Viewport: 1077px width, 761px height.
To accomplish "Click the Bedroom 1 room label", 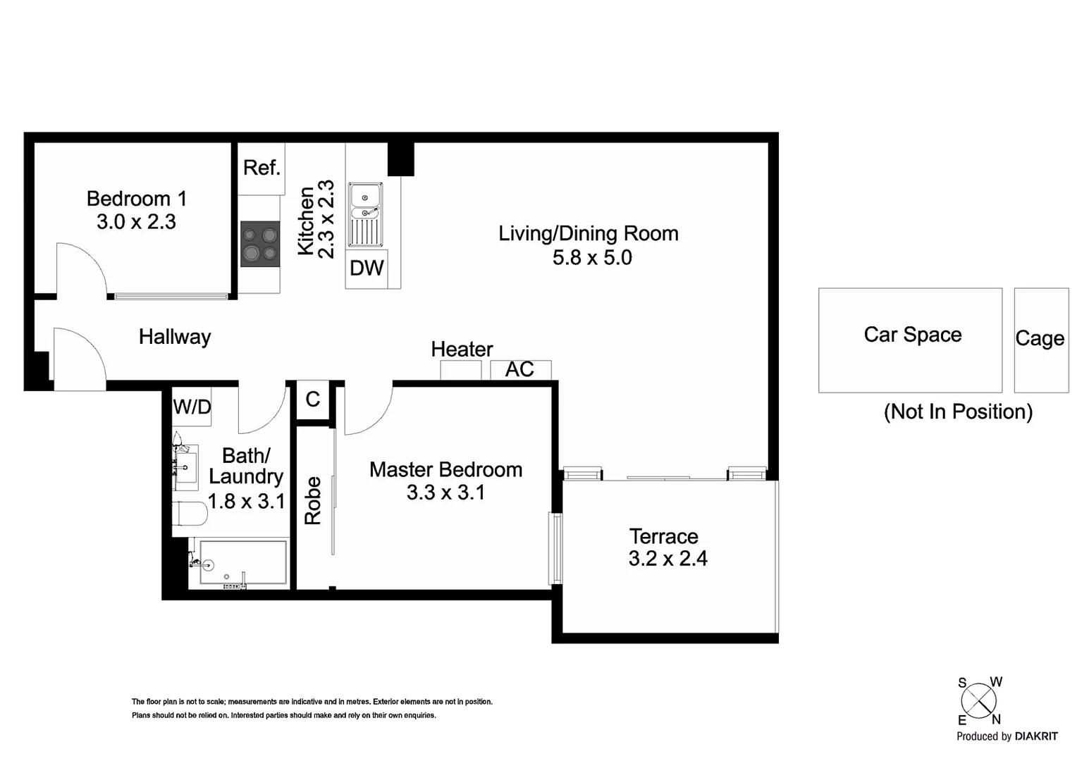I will [136, 199].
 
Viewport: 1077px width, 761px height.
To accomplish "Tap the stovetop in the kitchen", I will [260, 245].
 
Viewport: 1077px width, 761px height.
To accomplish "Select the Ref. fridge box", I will [261, 168].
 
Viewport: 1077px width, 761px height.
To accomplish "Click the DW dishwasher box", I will [367, 268].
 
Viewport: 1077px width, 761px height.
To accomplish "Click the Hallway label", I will [175, 337].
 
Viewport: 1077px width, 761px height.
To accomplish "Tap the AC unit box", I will [520, 370].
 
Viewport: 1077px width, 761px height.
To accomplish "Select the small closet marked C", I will [313, 400].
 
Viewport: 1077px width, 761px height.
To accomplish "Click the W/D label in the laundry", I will [192, 407].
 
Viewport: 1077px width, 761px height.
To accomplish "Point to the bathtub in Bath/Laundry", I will [242, 562].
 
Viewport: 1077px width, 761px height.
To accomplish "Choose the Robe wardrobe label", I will [312, 500].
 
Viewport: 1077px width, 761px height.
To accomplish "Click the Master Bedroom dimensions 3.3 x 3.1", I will [445, 493].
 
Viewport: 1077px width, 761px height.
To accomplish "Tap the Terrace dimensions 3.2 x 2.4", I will [667, 559].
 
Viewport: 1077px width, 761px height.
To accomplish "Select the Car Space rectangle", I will [910, 340].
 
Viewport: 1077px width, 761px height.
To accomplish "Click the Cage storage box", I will [1041, 340].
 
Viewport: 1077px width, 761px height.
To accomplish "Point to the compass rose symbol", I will [979, 701].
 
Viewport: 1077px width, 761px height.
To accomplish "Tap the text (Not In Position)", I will [958, 412].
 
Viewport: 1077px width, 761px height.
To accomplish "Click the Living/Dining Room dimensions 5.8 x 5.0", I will [592, 258].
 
